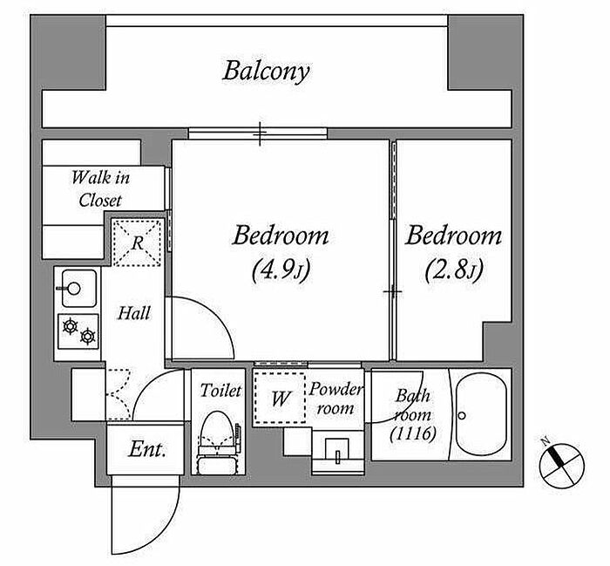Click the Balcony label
coord(266,72)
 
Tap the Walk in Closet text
coord(100,188)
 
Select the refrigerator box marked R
coord(137,242)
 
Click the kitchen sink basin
coord(79,288)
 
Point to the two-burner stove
coord(78,331)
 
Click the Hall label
coord(134,313)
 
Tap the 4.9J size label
coord(281,269)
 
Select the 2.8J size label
coord(454,269)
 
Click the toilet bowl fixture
coord(218,442)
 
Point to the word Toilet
coord(220,391)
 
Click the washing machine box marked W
coord(280,398)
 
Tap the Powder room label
coord(335,399)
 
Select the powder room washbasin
coord(338,452)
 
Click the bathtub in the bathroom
coord(481,414)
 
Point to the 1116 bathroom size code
coord(413,433)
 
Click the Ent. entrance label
coord(147,449)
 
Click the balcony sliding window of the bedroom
coord(258,133)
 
